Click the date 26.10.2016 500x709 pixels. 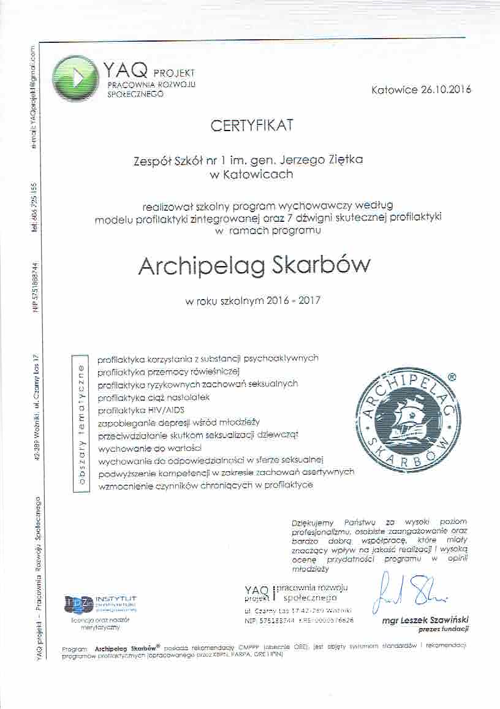pyautogui.click(x=445, y=89)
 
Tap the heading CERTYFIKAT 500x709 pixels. pyautogui.click(x=252, y=126)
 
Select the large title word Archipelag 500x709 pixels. pyautogui.click(x=200, y=265)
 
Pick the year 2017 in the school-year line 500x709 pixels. pyautogui.click(x=308, y=301)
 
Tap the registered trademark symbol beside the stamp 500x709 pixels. pyautogui.click(x=452, y=379)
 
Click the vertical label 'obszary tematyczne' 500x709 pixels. pyautogui.click(x=80, y=424)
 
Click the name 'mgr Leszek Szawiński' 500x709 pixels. pyautogui.click(x=425, y=620)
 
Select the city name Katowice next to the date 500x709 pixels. pyautogui.click(x=394, y=89)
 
